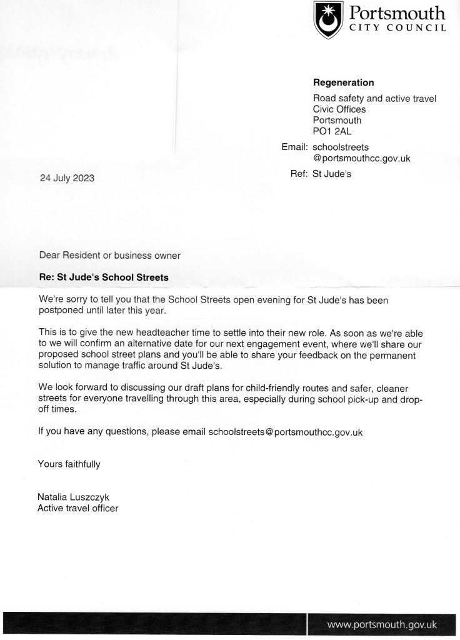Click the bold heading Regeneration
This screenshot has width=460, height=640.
pos(343,82)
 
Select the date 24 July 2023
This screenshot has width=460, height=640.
pos(66,178)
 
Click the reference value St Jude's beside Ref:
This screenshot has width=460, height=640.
pos(332,174)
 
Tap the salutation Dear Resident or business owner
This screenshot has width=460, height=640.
pos(109,255)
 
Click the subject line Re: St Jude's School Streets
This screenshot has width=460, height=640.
pos(104,276)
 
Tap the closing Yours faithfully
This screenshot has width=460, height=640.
pos(69,464)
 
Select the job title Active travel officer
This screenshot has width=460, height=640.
pos(78,508)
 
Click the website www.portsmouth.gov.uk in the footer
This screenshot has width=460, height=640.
pos(382,624)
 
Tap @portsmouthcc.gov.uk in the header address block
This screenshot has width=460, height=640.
pos(361,158)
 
